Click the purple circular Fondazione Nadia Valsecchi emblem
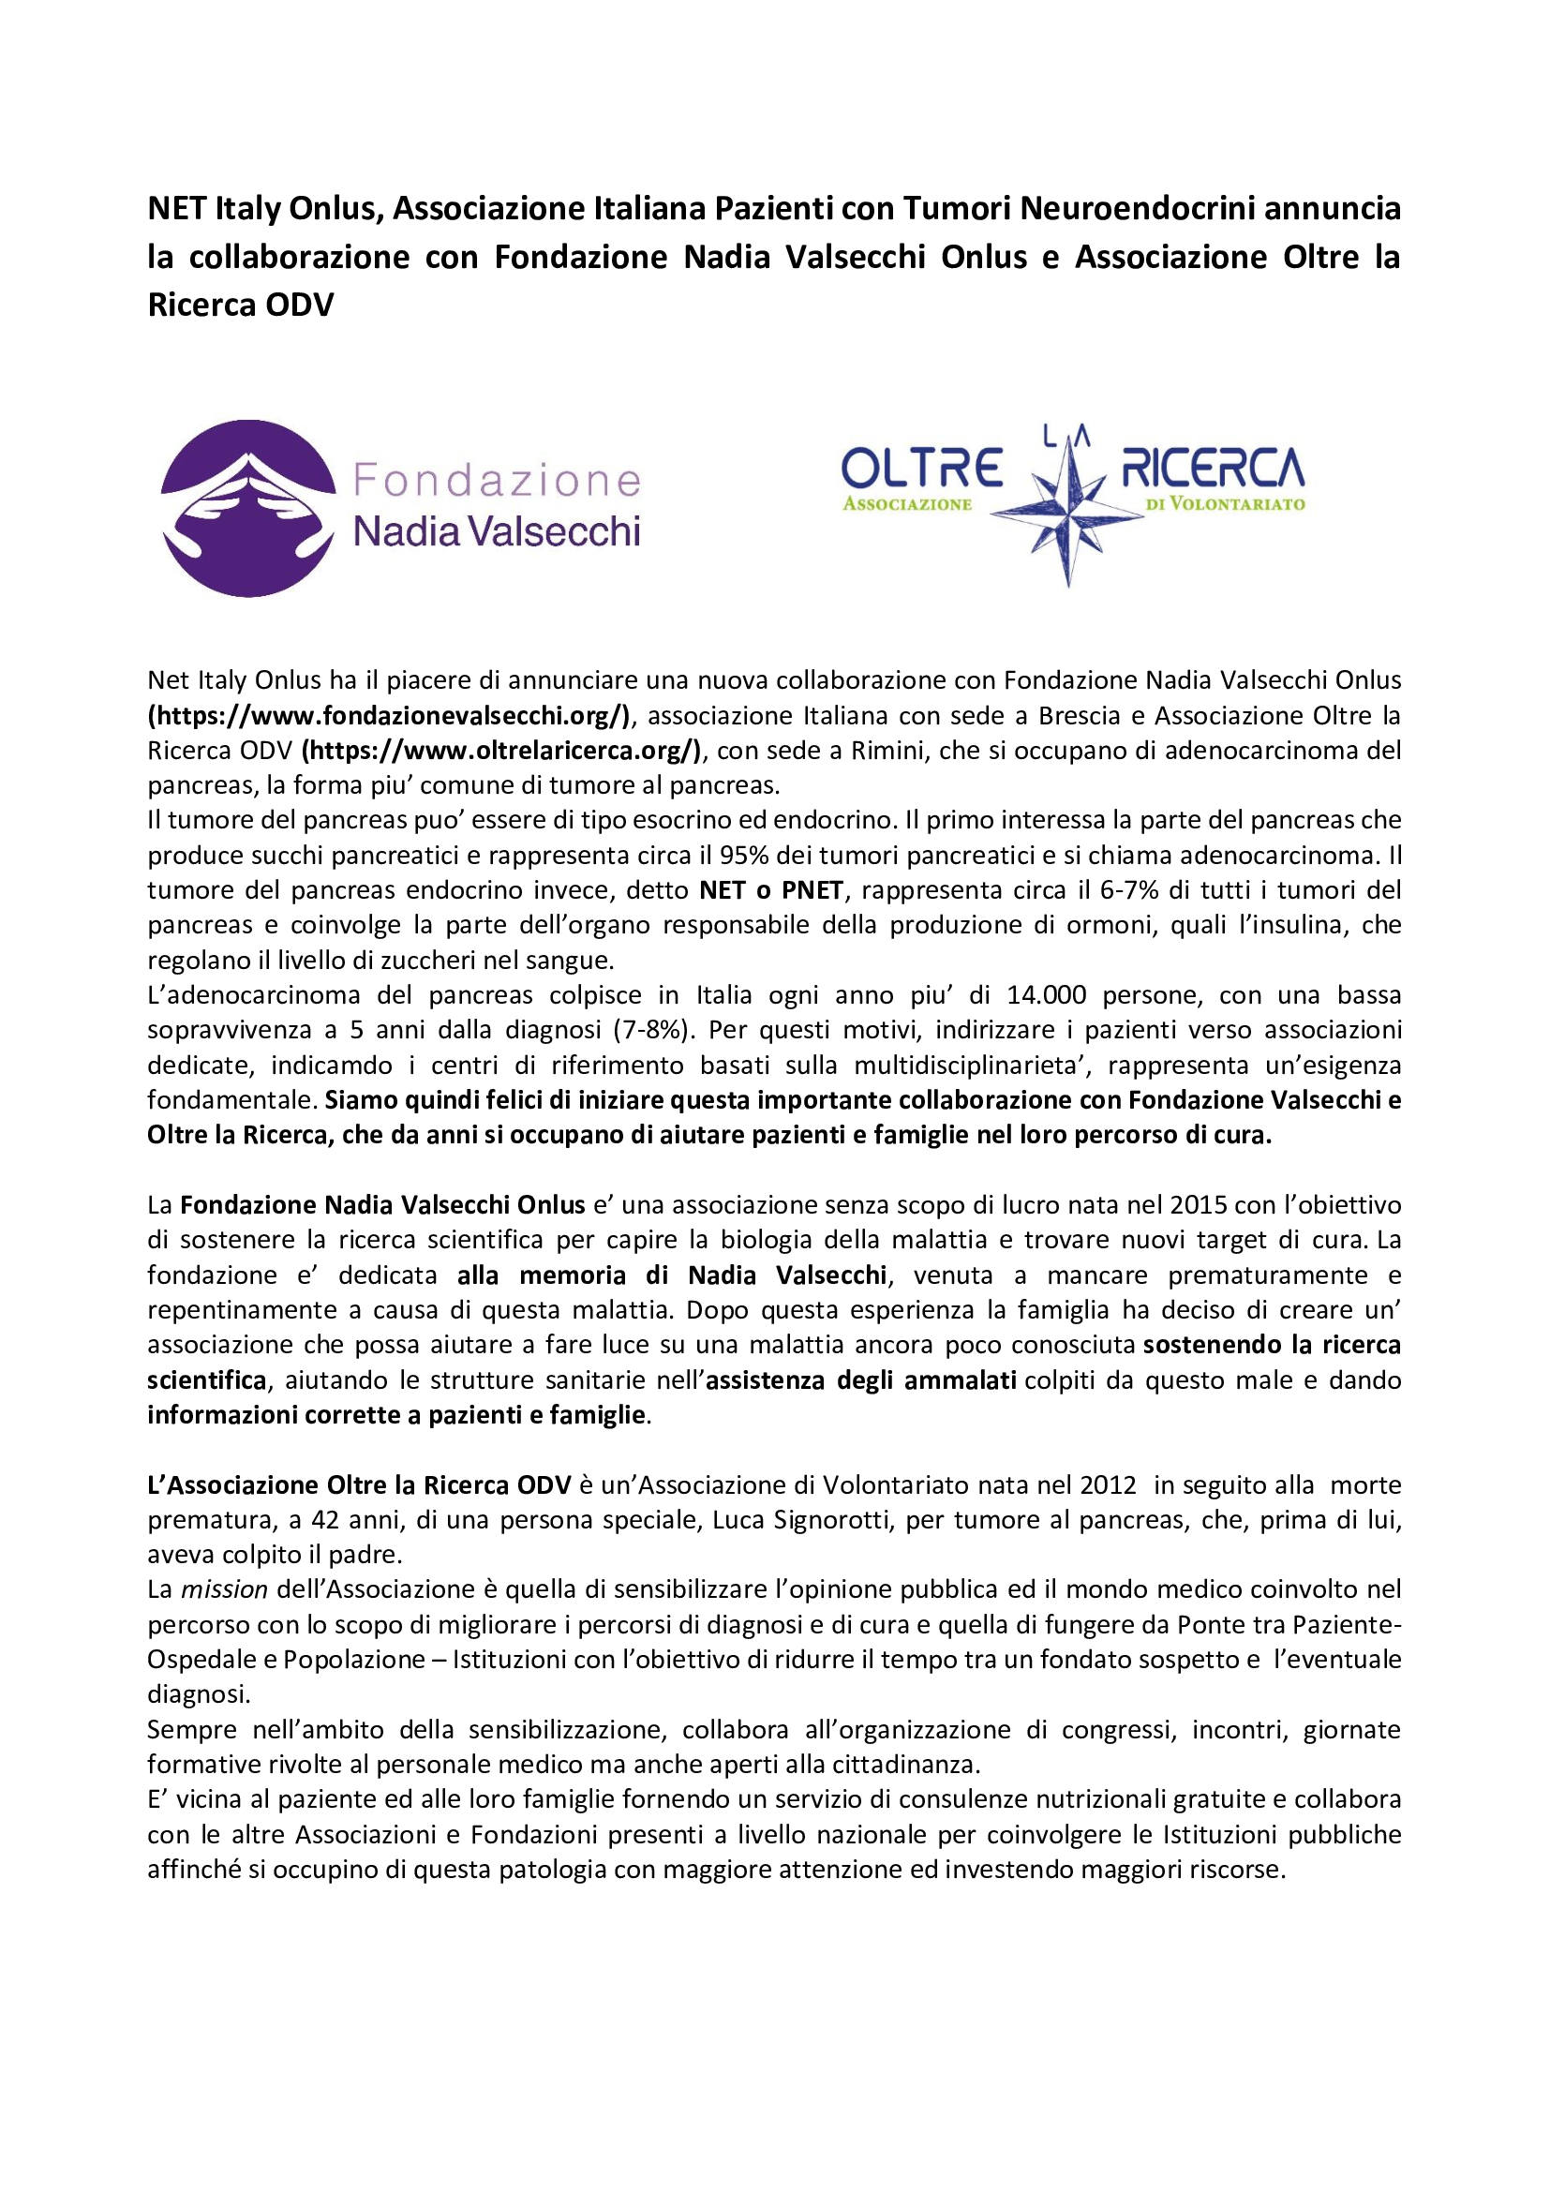pyautogui.click(x=248, y=508)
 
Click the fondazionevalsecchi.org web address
pyautogui.click(x=390, y=715)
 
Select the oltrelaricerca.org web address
pyautogui.click(x=502, y=751)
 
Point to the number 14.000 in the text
pyautogui.click(x=1046, y=995)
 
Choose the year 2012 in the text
pyautogui.click(x=1108, y=1484)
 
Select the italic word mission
pyautogui.click(x=224, y=1589)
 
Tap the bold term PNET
pyautogui.click(x=812, y=889)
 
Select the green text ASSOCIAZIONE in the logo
pyautogui.click(x=907, y=504)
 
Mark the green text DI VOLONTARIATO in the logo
pyautogui.click(x=1226, y=504)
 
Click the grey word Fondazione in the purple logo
pyautogui.click(x=497, y=480)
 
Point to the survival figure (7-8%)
pyautogui.click(x=652, y=1030)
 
